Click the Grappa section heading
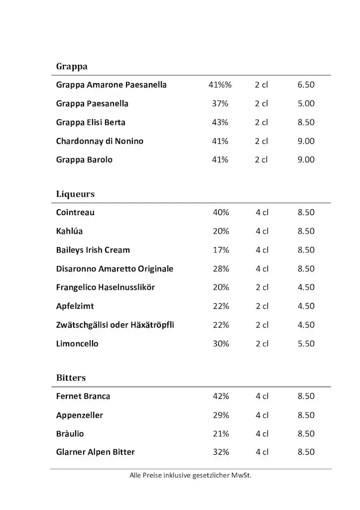point(72,66)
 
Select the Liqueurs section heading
point(75,194)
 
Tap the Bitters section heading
point(71,378)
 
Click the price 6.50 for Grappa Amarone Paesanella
point(306,85)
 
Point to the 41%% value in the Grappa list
point(220,85)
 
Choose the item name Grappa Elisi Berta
point(91,123)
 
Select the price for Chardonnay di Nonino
point(306,141)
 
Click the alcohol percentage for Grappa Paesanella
point(220,104)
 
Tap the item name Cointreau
point(75,213)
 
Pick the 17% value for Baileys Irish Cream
point(221,250)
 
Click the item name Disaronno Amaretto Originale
point(115,269)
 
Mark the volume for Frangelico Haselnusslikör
point(262,287)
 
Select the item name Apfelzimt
point(75,306)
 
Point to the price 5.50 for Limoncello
point(306,344)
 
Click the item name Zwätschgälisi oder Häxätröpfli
point(115,325)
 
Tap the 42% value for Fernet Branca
point(221,396)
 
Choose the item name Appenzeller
point(80,415)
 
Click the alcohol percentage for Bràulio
point(221,434)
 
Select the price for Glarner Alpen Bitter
point(306,452)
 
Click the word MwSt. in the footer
point(241,476)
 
